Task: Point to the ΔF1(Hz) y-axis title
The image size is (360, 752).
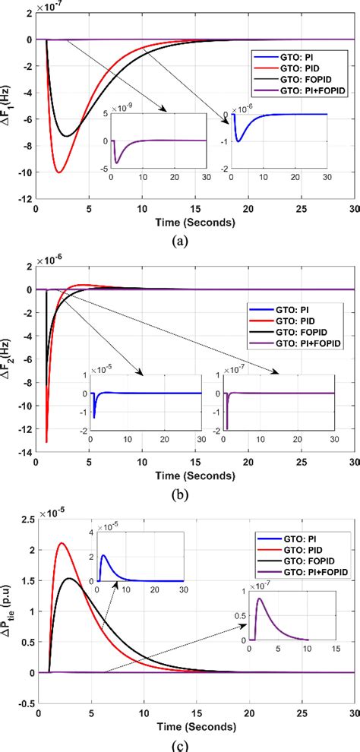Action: pyautogui.click(x=11, y=118)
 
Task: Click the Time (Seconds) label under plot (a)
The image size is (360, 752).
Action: pyautogui.click(x=196, y=223)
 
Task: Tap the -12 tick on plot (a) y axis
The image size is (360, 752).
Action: pyautogui.click(x=26, y=199)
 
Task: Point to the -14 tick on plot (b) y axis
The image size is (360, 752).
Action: pyautogui.click(x=26, y=453)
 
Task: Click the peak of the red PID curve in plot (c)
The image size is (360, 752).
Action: pyautogui.click(x=62, y=543)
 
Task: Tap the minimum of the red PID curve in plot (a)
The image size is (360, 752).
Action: pyautogui.click(x=59, y=172)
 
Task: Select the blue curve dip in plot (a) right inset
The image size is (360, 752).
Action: pyautogui.click(x=238, y=141)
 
